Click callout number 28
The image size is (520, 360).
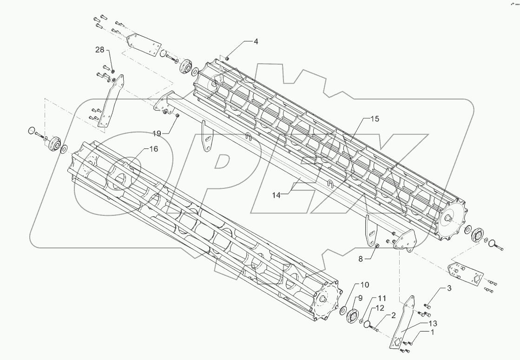(x=100, y=50)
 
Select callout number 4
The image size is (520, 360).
(x=256, y=41)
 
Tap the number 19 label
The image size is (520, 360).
(x=156, y=133)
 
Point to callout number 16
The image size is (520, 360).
(x=153, y=149)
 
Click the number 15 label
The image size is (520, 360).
(x=374, y=119)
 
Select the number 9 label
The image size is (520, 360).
(x=360, y=298)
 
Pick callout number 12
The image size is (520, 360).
(x=380, y=308)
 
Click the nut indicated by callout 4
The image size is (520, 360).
(x=228, y=58)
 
